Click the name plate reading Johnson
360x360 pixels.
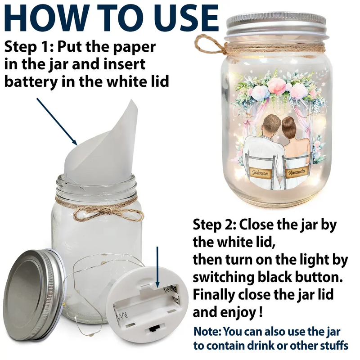click(260, 173)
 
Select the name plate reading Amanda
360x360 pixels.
click(297, 171)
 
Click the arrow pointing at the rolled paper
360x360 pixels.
click(57, 121)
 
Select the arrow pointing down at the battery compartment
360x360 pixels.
click(157, 267)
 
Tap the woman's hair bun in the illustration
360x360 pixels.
click(288, 121)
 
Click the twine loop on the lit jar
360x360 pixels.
click(208, 45)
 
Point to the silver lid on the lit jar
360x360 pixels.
click(276, 25)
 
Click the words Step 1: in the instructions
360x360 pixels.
click(29, 47)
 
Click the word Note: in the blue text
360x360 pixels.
click(207, 331)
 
